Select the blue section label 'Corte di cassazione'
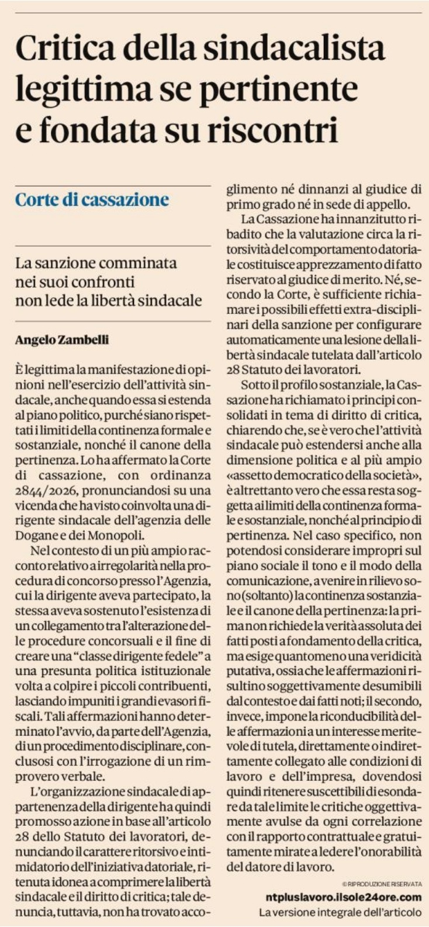point(92,200)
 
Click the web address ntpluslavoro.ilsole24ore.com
point(342,897)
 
